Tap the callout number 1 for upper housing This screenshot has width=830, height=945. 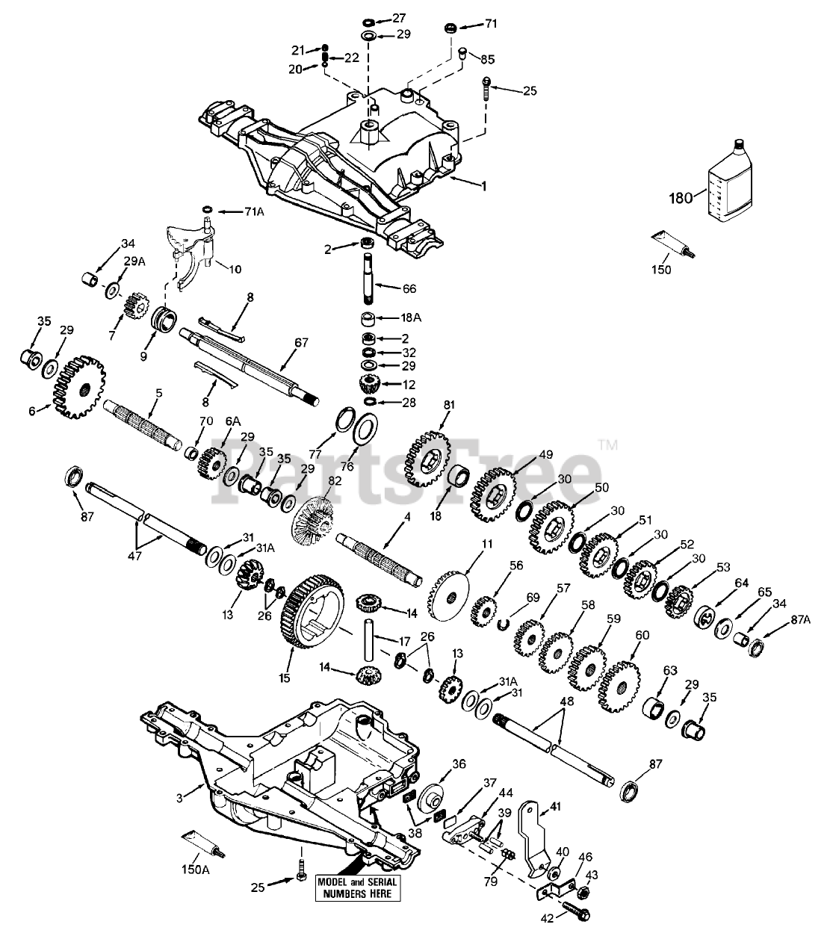click(x=483, y=186)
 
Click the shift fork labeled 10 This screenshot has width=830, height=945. click(x=191, y=243)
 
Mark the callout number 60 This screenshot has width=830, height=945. click(x=642, y=634)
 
